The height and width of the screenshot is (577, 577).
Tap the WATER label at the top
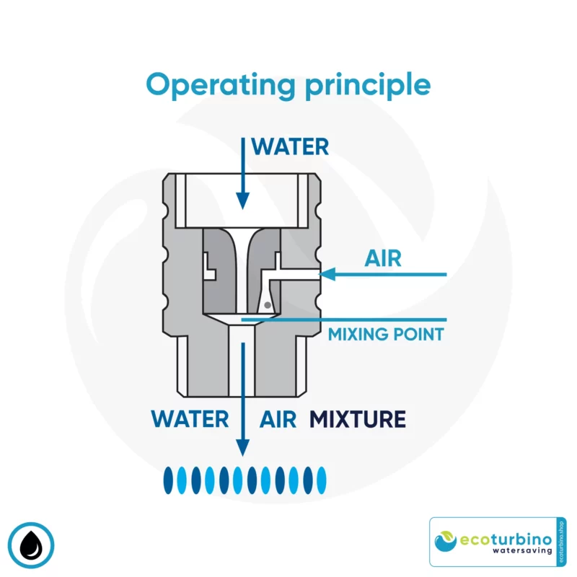click(x=290, y=147)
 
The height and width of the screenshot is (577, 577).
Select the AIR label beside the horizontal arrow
click(x=383, y=258)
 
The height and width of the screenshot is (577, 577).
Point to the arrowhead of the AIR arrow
click(x=327, y=274)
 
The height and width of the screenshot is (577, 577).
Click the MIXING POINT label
click(x=386, y=335)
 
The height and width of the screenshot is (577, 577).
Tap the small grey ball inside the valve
click(x=267, y=306)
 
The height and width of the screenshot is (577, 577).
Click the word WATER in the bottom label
click(x=190, y=418)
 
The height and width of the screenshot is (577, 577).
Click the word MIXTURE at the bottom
click(x=358, y=418)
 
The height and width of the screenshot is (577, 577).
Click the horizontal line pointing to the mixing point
click(x=346, y=319)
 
